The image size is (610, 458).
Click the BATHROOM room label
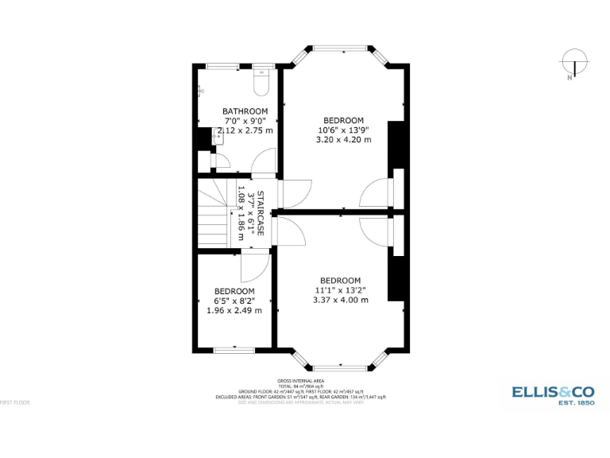[x=245, y=111]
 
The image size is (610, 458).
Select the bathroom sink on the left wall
[x=219, y=137]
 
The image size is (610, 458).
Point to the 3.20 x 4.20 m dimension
[x=343, y=140]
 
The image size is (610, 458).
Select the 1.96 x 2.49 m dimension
[x=234, y=311]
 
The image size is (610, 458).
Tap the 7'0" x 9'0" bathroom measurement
[x=245, y=121]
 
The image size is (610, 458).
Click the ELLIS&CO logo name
[x=553, y=391]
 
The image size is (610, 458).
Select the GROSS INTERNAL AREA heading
[x=300, y=382]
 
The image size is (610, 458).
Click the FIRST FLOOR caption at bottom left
[x=15, y=402]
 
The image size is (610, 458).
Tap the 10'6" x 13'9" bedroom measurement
[x=343, y=130]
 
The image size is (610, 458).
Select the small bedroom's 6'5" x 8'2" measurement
[x=234, y=301]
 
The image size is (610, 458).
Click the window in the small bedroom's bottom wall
[x=234, y=349]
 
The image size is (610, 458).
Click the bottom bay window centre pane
[x=341, y=368]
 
